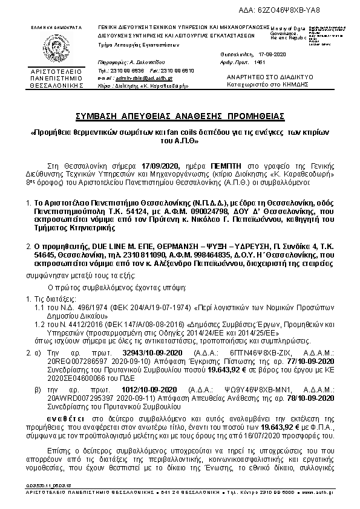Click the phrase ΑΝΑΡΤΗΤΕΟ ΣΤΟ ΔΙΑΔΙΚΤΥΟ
(x=261, y=78)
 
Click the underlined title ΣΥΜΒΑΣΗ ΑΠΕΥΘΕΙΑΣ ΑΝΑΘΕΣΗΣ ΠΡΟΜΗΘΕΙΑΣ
(x=179, y=115)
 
